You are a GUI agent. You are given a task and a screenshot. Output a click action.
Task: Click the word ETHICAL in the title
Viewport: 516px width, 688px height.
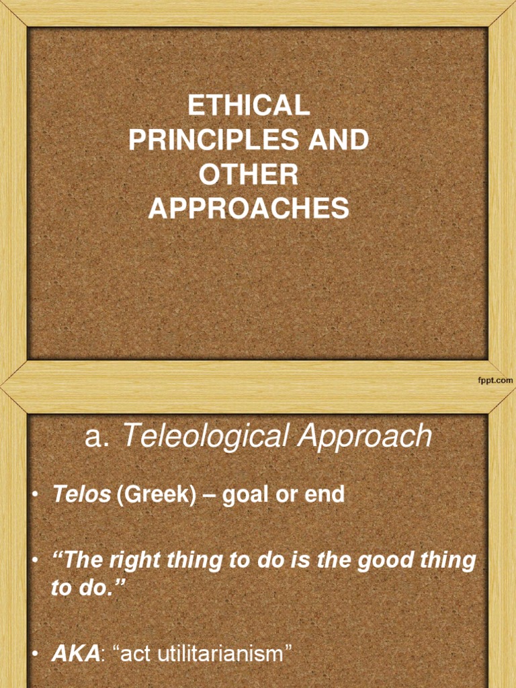tap(249, 105)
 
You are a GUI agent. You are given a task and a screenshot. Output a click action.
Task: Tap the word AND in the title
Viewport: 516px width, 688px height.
tap(337, 140)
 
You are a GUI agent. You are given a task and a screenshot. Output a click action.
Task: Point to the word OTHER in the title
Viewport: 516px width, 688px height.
tap(249, 175)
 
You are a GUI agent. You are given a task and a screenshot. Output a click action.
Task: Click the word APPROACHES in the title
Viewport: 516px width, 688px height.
tap(249, 210)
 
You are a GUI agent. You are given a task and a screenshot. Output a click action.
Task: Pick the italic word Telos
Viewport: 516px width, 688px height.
tap(81, 495)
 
